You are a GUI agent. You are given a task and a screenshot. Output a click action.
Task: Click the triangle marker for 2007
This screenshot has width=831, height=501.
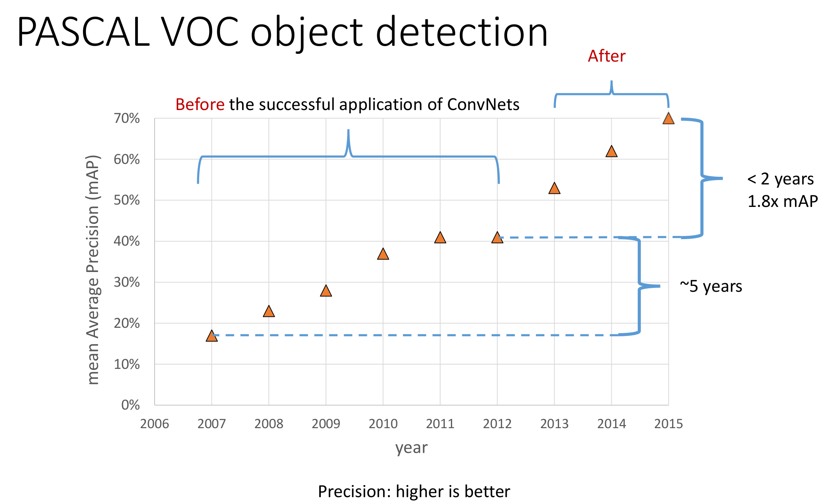pos(212,336)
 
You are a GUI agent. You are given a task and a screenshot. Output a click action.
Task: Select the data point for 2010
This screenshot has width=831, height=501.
pos(383,254)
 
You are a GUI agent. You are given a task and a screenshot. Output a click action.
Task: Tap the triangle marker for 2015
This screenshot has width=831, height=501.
pos(668,119)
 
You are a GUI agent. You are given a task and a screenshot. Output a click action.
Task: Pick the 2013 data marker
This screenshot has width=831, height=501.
pos(554,189)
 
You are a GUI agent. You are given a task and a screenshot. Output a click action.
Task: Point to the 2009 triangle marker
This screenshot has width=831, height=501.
pos(326,291)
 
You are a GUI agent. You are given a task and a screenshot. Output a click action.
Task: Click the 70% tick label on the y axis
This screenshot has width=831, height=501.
pos(127,118)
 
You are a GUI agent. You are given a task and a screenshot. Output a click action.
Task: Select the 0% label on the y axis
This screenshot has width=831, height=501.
pos(131,405)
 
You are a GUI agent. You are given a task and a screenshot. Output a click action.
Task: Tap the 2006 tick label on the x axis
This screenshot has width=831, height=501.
pos(155,424)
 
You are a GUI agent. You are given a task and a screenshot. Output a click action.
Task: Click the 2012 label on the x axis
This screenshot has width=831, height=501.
pos(497,424)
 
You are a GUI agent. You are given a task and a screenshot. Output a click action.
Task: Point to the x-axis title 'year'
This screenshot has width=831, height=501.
pos(411,448)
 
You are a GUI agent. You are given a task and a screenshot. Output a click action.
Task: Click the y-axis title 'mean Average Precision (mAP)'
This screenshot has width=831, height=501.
pos(93,270)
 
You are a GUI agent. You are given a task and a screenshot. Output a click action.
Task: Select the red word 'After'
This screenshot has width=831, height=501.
pos(606,56)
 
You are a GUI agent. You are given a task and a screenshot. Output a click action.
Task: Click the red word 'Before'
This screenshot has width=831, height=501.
pos(200,105)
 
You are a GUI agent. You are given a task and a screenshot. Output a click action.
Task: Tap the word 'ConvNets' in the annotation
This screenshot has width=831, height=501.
pos(483,105)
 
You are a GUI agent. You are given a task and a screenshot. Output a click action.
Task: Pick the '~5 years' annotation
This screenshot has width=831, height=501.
pos(711,286)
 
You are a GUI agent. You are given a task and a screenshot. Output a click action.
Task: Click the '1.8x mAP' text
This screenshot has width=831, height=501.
pos(782,201)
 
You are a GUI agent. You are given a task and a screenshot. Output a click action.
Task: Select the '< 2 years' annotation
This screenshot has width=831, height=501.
pos(780,179)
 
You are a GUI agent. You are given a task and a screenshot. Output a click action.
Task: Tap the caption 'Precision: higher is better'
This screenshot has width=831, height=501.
pos(414,491)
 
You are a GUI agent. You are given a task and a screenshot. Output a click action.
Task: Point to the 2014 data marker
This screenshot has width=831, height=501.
pos(611,152)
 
